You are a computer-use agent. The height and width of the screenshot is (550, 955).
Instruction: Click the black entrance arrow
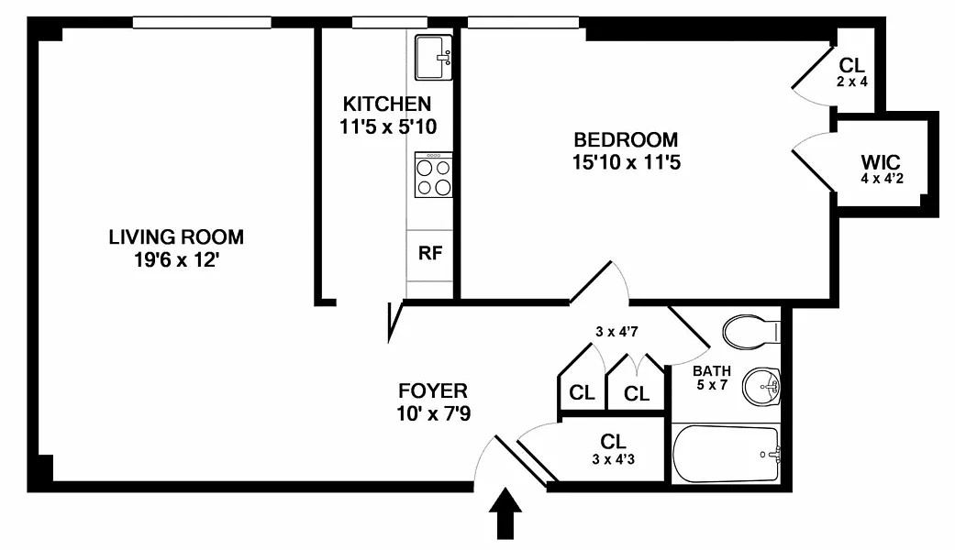505,513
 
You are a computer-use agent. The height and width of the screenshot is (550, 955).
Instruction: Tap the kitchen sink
433,57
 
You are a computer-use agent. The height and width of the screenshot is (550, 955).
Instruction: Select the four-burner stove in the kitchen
433,174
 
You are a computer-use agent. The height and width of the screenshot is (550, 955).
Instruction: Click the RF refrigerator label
430,253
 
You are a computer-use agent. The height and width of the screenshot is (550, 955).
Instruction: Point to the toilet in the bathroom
751,332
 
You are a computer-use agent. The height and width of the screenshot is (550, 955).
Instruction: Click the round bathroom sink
761,386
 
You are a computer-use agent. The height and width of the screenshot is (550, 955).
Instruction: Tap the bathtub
726,454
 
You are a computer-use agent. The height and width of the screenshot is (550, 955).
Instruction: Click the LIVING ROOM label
176,236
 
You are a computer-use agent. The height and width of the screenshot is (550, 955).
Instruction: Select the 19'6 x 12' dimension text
176,260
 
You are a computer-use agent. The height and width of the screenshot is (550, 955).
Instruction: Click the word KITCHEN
387,104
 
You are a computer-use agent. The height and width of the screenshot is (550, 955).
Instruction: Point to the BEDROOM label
626,139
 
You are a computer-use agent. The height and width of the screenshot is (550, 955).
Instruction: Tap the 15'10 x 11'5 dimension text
626,162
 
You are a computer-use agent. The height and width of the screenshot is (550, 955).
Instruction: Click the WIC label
881,162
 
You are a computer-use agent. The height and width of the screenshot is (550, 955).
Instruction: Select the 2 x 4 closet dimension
852,82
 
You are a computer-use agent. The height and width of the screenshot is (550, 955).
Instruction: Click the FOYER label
433,390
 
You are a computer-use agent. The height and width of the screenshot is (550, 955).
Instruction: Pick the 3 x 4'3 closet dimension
614,459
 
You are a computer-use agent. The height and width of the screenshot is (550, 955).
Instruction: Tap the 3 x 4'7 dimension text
617,332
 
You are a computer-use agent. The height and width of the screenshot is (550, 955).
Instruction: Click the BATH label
711,370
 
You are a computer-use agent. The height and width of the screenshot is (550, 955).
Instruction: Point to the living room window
202,23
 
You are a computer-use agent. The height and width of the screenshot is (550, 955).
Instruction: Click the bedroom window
523,23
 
